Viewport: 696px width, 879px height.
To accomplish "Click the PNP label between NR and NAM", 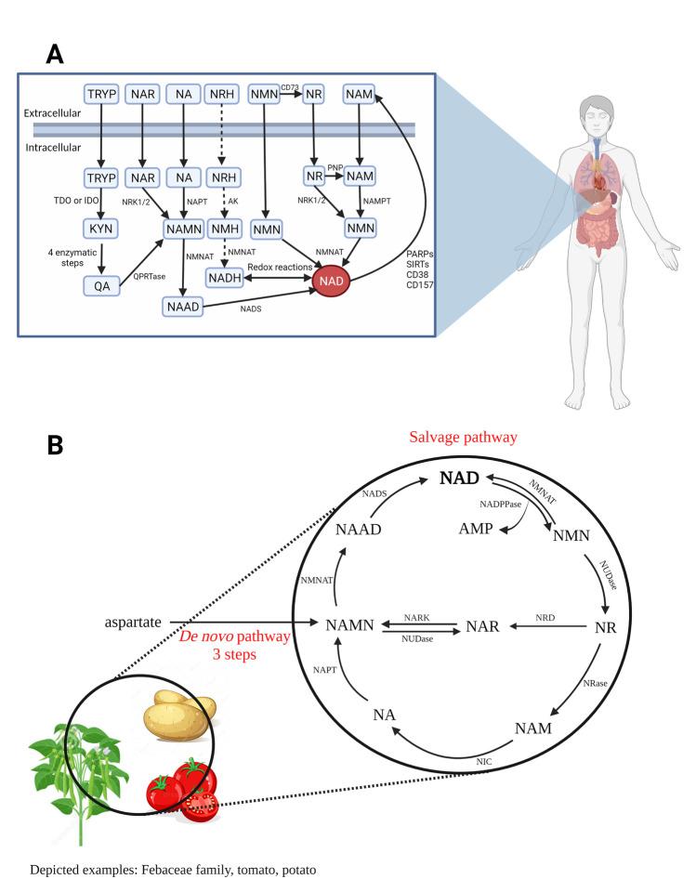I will click(333, 165).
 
